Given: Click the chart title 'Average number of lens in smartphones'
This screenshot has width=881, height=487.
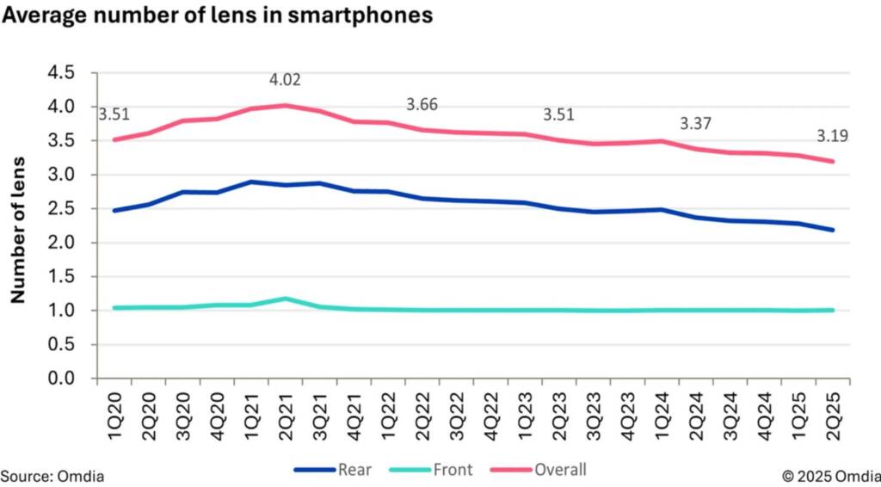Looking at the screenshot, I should click(217, 15).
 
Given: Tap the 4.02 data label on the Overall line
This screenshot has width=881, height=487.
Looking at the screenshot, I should click(286, 80).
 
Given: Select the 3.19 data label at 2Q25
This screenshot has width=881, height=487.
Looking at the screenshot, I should click(832, 136).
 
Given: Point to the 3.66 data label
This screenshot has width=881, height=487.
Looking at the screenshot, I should click(422, 105).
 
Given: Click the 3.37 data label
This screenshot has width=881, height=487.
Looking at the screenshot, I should click(697, 123).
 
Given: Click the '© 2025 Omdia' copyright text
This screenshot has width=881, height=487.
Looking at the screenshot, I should click(830, 475).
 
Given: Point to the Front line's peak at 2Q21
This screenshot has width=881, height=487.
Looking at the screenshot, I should click(286, 299).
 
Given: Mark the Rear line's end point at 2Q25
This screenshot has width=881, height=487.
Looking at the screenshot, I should click(833, 230).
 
